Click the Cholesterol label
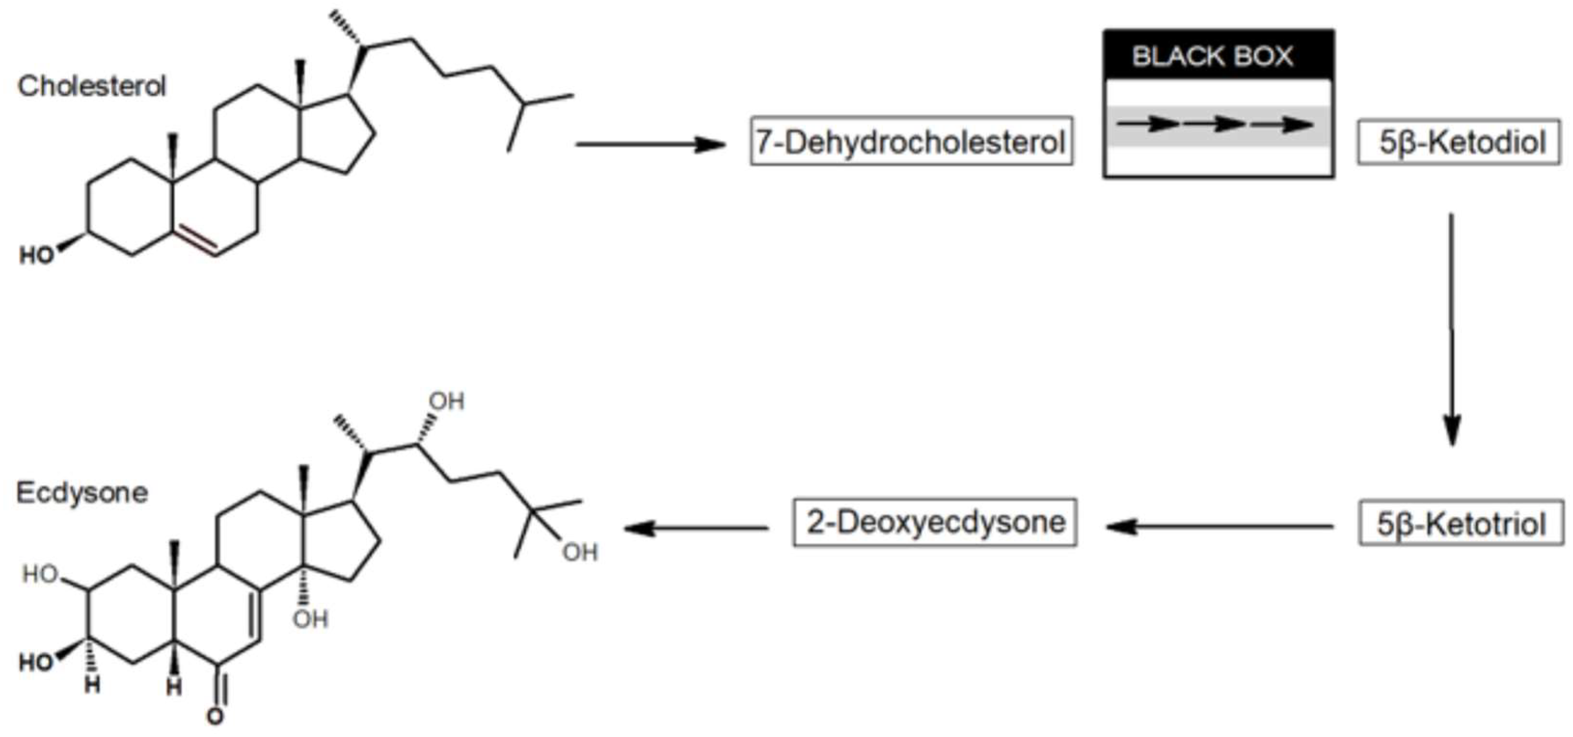(x=92, y=86)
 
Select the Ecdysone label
(x=82, y=493)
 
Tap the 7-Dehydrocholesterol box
(x=911, y=142)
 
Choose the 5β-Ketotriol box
(x=1461, y=523)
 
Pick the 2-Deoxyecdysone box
(x=935, y=523)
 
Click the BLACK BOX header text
(x=1212, y=56)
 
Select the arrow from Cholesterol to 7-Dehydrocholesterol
(x=650, y=145)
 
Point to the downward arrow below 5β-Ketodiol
(x=1452, y=330)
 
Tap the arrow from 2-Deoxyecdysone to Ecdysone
(x=696, y=528)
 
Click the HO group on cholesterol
(x=37, y=255)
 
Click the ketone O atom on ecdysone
(x=215, y=716)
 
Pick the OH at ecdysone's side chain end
(x=579, y=552)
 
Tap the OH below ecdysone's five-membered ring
(x=310, y=619)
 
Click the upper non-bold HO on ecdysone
(x=40, y=574)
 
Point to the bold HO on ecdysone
(x=35, y=662)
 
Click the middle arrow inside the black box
(x=1214, y=124)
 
